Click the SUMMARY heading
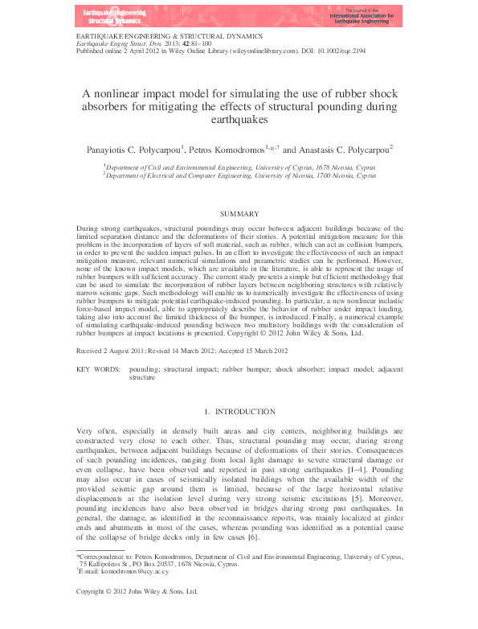tap(239, 214)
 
